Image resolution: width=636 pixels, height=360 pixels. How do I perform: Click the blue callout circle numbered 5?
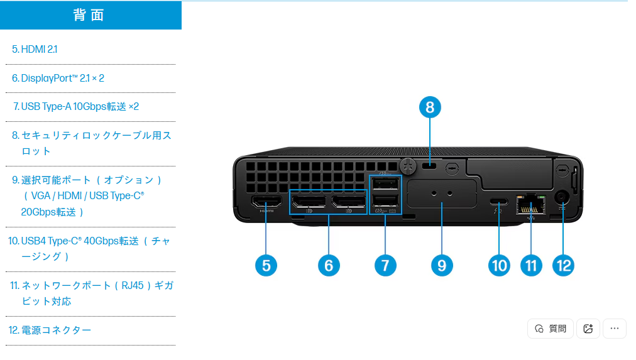266,265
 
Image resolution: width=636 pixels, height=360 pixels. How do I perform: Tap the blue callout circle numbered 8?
430,107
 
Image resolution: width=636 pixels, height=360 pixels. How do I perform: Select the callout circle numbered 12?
563,265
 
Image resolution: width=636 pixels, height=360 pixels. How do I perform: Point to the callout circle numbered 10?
499,265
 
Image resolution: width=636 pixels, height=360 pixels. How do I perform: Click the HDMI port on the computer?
266,203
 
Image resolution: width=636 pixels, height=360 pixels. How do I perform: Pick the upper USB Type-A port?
385,184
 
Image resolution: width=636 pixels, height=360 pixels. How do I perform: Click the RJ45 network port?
530,203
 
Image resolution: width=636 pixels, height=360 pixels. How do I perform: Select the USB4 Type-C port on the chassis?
499,202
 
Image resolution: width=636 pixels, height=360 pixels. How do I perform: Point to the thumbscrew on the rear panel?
408,165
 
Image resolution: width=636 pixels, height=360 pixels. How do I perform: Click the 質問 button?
551,329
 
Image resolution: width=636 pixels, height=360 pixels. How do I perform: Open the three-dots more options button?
614,329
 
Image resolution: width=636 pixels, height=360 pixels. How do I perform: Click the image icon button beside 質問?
588,329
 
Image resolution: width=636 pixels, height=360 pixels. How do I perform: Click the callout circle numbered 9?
442,265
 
